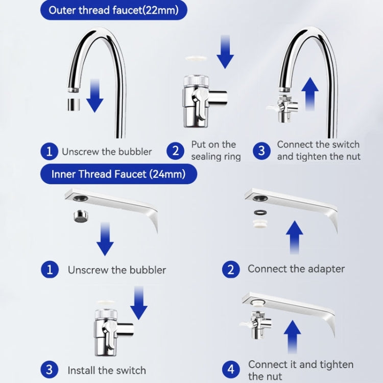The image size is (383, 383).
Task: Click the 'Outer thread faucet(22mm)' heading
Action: (x=113, y=10)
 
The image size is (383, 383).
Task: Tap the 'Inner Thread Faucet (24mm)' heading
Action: (x=118, y=174)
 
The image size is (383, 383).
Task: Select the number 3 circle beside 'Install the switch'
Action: (x=50, y=370)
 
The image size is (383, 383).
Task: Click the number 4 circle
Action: (x=231, y=369)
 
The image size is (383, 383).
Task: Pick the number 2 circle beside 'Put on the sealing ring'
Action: (x=175, y=151)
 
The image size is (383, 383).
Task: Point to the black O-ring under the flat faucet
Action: (x=260, y=212)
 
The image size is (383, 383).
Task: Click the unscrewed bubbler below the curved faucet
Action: (x=74, y=105)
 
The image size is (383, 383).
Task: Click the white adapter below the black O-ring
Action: (x=260, y=224)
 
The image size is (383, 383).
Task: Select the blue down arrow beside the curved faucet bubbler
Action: (x=95, y=95)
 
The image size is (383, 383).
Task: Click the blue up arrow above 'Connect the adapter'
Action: (x=295, y=237)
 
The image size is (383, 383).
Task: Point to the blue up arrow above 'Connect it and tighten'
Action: (x=293, y=337)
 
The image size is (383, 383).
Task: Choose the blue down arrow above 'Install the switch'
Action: (x=139, y=303)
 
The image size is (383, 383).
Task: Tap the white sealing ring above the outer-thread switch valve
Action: (x=196, y=58)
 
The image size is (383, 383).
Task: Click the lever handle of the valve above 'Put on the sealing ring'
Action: (x=201, y=104)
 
